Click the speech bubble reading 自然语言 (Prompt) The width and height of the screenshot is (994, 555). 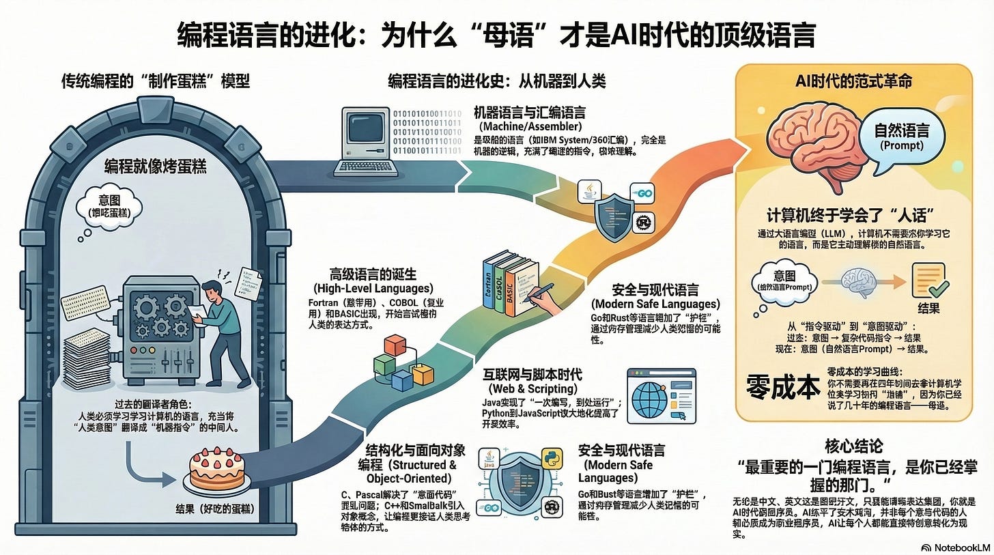(902, 134)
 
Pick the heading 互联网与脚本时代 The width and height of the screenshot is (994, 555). (532, 375)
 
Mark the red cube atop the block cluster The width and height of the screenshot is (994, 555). (395, 345)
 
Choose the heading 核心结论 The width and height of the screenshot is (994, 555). (854, 446)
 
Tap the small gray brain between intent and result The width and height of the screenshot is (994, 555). (858, 279)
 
